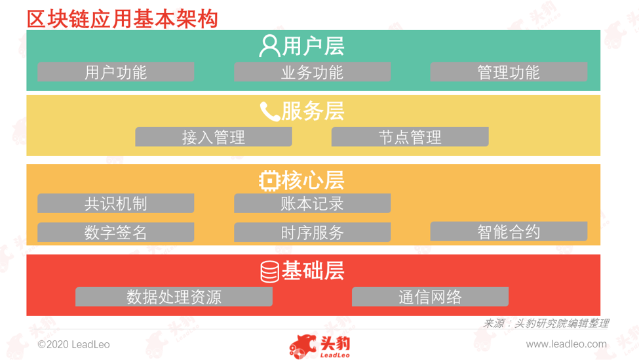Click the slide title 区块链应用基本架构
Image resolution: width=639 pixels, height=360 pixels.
123,19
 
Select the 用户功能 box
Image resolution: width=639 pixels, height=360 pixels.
116,71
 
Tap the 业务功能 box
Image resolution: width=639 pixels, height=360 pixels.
312,71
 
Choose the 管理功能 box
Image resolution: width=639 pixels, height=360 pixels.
509,71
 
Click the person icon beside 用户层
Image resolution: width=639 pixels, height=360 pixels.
269,46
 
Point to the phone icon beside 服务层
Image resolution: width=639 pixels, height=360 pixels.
270,111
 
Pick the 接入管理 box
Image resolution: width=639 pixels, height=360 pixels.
214,136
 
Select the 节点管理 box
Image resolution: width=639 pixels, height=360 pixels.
410,136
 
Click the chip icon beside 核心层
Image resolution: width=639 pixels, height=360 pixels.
269,180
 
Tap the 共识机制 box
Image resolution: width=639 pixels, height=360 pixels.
116,203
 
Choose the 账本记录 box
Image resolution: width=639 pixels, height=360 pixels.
312,203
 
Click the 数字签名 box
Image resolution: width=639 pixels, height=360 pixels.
116,232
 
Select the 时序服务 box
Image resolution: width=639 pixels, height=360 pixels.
312,232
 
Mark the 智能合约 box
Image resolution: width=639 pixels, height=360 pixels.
509,231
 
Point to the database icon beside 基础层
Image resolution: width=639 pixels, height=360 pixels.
270,271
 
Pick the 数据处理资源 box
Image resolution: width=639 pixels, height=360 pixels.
174,296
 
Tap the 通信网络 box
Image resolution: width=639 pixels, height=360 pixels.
430,296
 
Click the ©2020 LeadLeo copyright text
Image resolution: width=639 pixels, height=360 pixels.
74,344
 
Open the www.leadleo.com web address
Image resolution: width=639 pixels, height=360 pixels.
566,344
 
